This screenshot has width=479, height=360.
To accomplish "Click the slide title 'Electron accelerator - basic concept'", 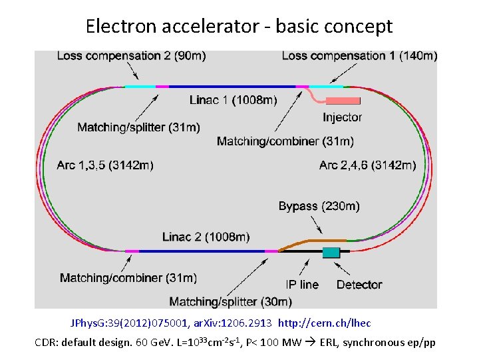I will (x=239, y=26).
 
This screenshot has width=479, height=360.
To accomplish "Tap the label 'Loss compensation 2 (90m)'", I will (x=131, y=56).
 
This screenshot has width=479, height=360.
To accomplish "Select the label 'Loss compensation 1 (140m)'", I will (x=359, y=56).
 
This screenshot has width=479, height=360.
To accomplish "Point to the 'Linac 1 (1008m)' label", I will (x=234, y=100).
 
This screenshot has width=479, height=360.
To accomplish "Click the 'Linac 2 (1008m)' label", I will (x=206, y=237).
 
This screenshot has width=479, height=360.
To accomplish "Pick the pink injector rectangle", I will (x=343, y=101).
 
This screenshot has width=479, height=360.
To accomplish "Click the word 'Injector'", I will (x=343, y=117).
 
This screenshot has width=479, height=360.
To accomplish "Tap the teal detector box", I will (x=331, y=252).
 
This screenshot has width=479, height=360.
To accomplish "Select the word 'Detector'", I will (x=359, y=285).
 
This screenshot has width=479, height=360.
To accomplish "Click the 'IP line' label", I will (x=302, y=285).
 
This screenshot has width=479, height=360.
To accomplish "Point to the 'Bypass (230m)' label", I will (x=319, y=207).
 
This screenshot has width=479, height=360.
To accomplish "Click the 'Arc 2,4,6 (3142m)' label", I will (x=368, y=165).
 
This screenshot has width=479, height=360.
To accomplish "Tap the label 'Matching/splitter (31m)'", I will (x=138, y=127).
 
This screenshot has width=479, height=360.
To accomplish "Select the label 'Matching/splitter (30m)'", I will (x=230, y=301).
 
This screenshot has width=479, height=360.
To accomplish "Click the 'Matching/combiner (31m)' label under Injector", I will (x=285, y=141).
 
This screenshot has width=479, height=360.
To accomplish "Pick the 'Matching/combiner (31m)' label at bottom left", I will (x=128, y=277).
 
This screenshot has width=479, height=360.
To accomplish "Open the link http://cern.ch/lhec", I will (x=325, y=323).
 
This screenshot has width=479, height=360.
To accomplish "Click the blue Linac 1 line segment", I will (x=233, y=87).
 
